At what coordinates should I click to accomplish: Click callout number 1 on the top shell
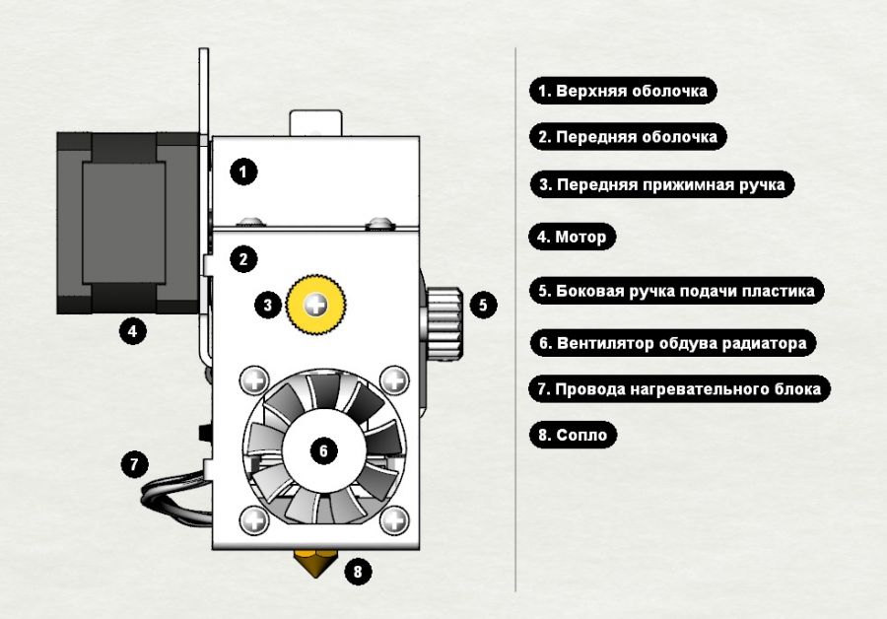coord(243,172)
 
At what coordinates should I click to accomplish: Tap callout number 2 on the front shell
coord(243,259)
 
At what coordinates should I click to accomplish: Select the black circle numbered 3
coord(268,306)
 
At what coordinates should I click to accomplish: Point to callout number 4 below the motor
coord(133,329)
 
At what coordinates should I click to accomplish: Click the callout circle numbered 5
coord(482,305)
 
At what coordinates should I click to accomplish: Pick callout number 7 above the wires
coord(133,462)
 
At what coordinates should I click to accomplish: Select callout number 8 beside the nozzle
coord(357,570)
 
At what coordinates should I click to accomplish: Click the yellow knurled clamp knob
coord(315,305)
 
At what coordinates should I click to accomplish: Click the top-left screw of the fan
coord(255,379)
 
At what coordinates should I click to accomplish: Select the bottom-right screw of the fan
coord(394,519)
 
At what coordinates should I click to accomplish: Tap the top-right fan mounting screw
coord(394,379)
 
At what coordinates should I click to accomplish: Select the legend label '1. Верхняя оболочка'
coord(623,91)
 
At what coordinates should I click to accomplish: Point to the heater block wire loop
coord(172,495)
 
